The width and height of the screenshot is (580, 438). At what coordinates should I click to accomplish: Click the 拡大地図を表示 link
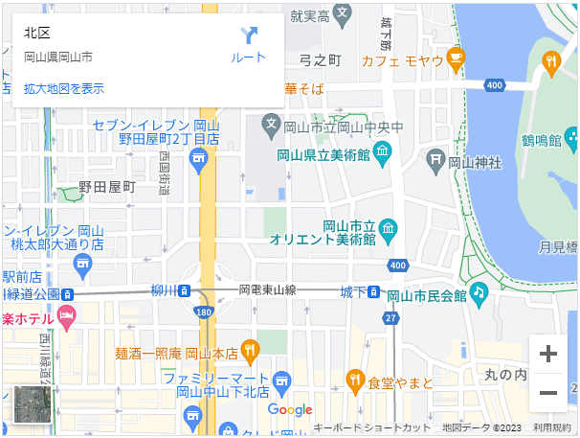(x=64, y=89)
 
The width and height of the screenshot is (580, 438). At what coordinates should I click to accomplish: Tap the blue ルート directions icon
(x=249, y=36)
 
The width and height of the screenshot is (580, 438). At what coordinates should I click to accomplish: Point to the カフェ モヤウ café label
(x=402, y=61)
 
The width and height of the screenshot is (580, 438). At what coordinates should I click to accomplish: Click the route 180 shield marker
(x=202, y=311)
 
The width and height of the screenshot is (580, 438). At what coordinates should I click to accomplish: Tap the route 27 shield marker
(x=390, y=317)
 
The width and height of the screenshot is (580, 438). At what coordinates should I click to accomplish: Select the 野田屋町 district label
(x=106, y=186)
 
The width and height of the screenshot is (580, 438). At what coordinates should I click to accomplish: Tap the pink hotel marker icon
(x=66, y=316)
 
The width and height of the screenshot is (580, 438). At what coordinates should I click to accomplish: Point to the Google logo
(x=290, y=410)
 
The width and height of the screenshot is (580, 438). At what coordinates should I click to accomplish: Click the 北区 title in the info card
(x=37, y=34)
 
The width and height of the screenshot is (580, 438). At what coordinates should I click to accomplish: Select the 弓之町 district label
(x=321, y=60)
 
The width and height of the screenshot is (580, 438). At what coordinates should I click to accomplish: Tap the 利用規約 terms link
(x=552, y=427)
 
